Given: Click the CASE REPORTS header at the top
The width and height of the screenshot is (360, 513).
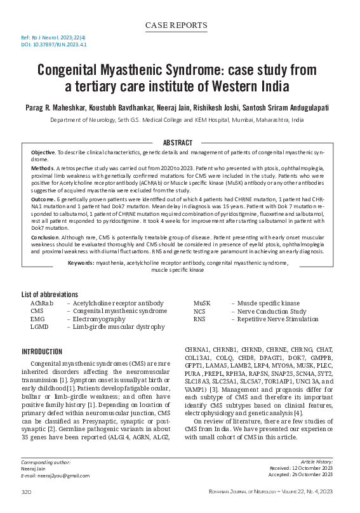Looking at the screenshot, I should coord(177,25).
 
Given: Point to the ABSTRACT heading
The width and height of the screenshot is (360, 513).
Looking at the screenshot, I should coord(178,143).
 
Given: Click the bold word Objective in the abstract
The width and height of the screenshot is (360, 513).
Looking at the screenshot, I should coord(43,154).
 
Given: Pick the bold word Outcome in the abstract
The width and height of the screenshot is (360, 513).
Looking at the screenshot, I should coord(43,199).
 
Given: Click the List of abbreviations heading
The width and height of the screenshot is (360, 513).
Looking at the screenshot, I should coord(50,295).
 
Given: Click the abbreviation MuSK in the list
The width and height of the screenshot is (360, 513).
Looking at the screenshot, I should coord(202,303).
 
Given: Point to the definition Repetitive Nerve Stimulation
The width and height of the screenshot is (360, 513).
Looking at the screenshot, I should coord(278,319).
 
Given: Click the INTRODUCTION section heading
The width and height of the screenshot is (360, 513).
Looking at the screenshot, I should coord(42,351).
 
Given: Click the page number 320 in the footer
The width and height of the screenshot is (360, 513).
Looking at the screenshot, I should coord(27,492).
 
